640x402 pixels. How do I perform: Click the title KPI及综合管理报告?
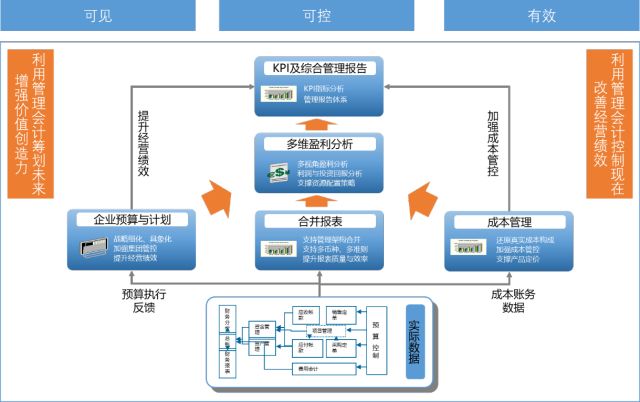click(317, 68)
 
